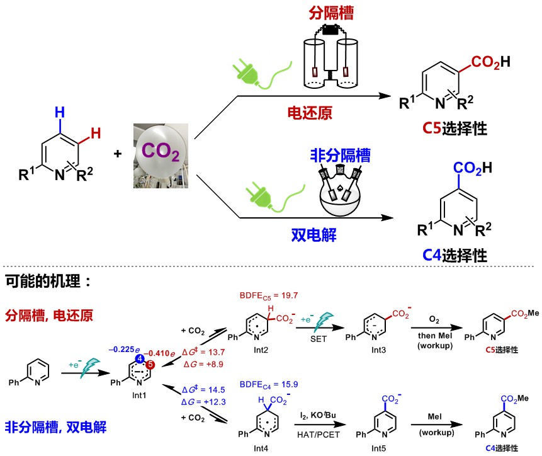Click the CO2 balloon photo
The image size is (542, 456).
161,154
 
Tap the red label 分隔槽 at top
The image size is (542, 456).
327,12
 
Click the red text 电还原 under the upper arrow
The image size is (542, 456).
310,112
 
